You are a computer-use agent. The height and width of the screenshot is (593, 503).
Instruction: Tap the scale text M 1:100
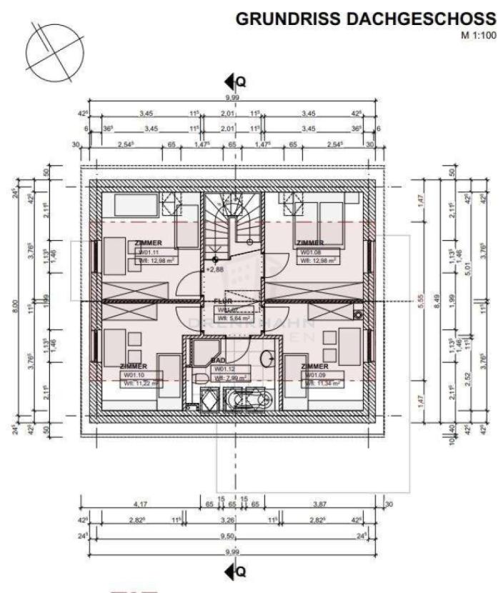tap(477, 34)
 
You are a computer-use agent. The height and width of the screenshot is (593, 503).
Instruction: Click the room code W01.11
tap(149, 252)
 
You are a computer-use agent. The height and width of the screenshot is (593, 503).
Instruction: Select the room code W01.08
tap(309, 252)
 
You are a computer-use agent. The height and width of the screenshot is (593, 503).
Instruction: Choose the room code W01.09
tap(314, 374)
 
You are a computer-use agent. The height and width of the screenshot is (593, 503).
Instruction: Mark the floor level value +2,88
tap(215, 270)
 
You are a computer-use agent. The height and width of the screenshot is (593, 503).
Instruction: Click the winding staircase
tap(231, 219)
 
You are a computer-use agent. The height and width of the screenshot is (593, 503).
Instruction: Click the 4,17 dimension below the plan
tap(141, 504)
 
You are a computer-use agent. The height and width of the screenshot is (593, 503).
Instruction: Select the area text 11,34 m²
tap(324, 382)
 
